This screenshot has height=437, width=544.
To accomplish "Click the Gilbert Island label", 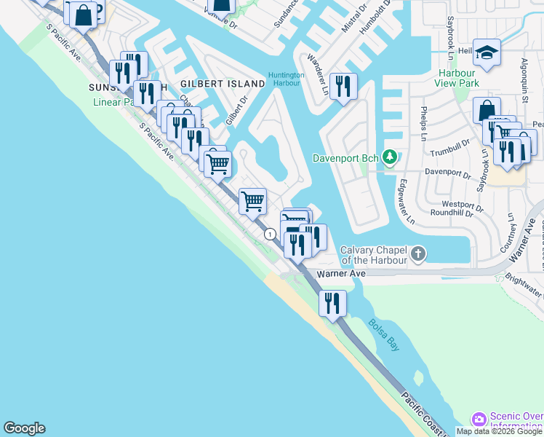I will [223, 84].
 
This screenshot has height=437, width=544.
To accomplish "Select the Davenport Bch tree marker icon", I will [391, 157].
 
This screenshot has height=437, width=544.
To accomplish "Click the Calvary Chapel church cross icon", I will [417, 253].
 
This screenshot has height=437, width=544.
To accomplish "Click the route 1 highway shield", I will [270, 234].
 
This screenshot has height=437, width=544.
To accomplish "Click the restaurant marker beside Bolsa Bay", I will [332, 302].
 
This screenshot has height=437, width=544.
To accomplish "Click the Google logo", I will [24, 428].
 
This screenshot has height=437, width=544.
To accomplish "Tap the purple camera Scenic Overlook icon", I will [479, 420].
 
